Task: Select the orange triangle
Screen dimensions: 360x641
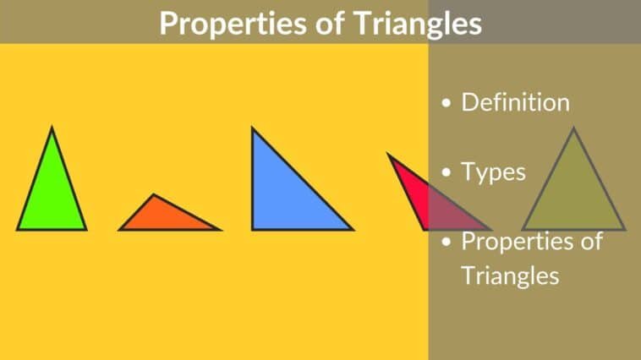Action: [165, 218]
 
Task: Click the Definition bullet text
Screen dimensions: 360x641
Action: [515, 103]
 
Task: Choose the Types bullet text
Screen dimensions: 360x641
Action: [493, 172]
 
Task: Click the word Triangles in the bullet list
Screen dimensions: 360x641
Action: [510, 275]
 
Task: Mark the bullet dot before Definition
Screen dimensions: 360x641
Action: [447, 105]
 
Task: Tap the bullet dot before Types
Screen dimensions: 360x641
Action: [447, 174]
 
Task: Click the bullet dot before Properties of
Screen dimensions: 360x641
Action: [447, 243]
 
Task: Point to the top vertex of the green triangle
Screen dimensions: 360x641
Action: [52, 128]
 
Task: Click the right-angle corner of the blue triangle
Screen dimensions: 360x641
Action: [253, 228]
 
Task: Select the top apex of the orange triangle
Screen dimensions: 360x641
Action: [153, 195]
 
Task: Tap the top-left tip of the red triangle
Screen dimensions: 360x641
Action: [388, 154]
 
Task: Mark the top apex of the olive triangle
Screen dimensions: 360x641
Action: [573, 128]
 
